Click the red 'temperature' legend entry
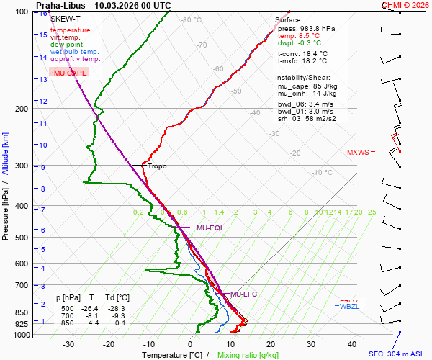point(71,30)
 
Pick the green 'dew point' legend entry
point(67,45)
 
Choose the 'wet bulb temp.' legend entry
point(75,52)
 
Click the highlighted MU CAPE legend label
point(71,73)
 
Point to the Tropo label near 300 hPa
point(157,166)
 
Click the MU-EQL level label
point(210,228)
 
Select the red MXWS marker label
point(358,153)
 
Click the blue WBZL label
point(349,307)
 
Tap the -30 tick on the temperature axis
point(69,344)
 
